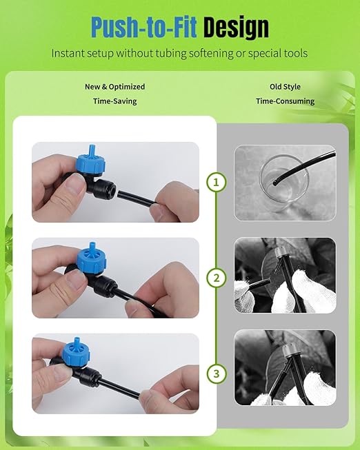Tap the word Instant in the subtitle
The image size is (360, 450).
70,53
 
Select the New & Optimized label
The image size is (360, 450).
115,87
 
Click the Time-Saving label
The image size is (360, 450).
115,101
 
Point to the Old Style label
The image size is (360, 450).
285,87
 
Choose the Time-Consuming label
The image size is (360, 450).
285,101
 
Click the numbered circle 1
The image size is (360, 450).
217,183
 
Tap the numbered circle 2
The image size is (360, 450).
217,278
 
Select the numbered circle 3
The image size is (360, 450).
217,374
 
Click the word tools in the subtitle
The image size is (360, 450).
292,53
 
